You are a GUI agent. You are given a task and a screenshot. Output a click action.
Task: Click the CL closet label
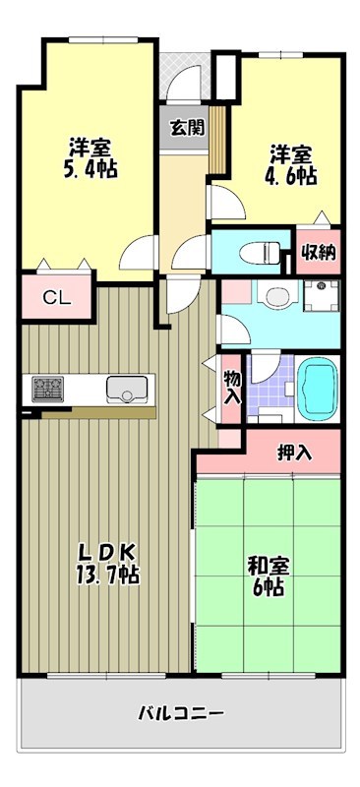click(55, 298)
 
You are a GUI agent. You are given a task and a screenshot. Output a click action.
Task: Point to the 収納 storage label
click(319, 252)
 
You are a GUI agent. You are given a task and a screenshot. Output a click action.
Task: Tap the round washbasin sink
click(276, 295)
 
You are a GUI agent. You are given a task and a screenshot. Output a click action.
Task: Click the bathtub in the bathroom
click(317, 388)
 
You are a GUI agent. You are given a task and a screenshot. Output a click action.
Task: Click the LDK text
click(100, 552)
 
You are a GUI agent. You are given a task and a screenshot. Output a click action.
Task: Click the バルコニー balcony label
click(180, 713)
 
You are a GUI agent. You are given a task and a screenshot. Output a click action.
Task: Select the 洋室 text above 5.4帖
click(90, 148)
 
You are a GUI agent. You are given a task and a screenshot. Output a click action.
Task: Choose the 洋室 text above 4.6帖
click(292, 154)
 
